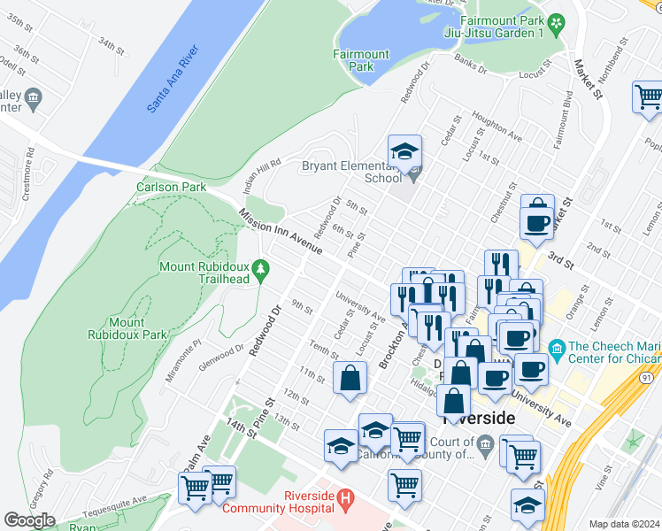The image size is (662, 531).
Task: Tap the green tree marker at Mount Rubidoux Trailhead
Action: (x=260, y=267)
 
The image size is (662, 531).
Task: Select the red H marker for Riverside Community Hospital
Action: (x=344, y=501)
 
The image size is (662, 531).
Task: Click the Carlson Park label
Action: (x=171, y=187)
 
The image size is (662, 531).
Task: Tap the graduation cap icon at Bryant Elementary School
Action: (x=404, y=151)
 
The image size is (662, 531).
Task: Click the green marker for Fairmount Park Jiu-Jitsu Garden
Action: (x=556, y=23)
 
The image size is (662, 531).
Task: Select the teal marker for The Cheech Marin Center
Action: (x=557, y=347)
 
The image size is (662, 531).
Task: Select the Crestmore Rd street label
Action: (x=27, y=180)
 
